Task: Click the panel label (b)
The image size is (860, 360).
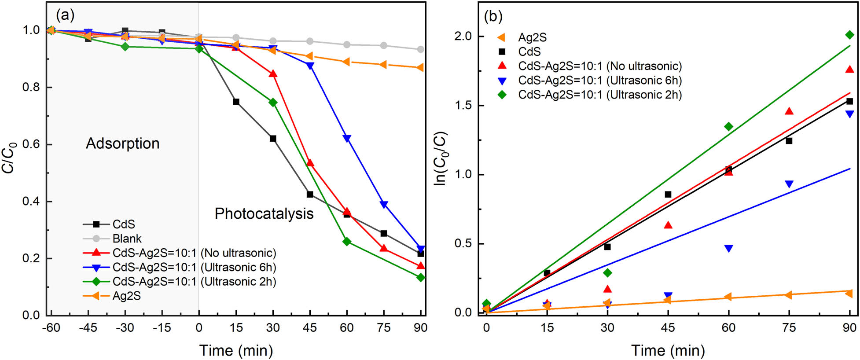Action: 493,16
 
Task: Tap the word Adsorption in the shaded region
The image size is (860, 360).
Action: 122,143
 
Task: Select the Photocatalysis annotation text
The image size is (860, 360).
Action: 264,213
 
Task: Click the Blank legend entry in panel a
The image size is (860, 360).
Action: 127,239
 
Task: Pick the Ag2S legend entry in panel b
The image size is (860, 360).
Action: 532,37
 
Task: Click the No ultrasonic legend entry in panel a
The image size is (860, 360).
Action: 194,253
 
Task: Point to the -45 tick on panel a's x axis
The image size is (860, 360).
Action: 88,327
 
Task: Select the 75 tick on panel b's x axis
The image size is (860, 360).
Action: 789,327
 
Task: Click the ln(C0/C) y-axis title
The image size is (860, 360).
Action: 441,158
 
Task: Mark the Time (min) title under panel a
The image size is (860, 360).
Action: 236,350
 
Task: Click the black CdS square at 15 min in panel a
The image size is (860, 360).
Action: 236,102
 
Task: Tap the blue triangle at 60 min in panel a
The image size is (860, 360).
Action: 347,139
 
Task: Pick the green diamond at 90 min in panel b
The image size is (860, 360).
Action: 849,35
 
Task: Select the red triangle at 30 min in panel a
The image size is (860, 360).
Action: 273,74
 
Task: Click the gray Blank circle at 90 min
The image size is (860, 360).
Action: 420,49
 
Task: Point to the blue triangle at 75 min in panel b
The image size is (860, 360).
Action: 789,184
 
